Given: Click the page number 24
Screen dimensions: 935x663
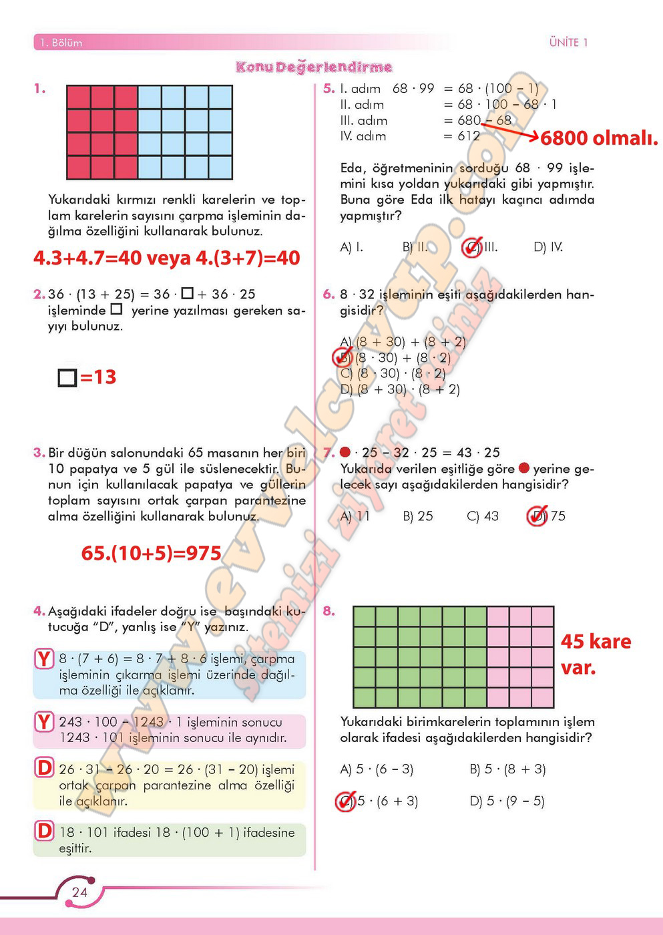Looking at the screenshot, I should (x=79, y=892).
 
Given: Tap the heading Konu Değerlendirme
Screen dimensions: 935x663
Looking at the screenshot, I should (x=314, y=67).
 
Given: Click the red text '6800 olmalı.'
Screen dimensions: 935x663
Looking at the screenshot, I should (x=599, y=138).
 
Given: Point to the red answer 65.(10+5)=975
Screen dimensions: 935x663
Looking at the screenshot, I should (x=151, y=553).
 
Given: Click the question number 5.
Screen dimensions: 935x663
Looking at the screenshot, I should (x=328, y=88).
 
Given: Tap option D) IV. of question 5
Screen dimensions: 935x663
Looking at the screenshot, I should (x=548, y=247).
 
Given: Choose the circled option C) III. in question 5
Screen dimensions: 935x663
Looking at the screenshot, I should (x=480, y=247).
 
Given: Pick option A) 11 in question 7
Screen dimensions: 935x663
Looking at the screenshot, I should (x=355, y=516).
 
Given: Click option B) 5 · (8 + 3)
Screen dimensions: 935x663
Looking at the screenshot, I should (x=507, y=769).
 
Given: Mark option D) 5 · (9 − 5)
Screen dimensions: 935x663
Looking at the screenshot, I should (x=507, y=801).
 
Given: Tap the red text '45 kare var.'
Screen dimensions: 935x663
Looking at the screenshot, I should (x=596, y=654).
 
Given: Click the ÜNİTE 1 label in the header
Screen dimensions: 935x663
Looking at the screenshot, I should (x=568, y=43).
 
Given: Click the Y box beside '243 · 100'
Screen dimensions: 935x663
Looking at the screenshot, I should (x=44, y=722).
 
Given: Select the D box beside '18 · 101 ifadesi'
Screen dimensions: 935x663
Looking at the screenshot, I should (x=44, y=831).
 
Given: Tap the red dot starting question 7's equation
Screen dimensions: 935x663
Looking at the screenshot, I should (x=345, y=452).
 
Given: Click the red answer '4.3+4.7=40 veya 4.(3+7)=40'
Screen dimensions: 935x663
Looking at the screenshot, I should (x=167, y=258).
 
